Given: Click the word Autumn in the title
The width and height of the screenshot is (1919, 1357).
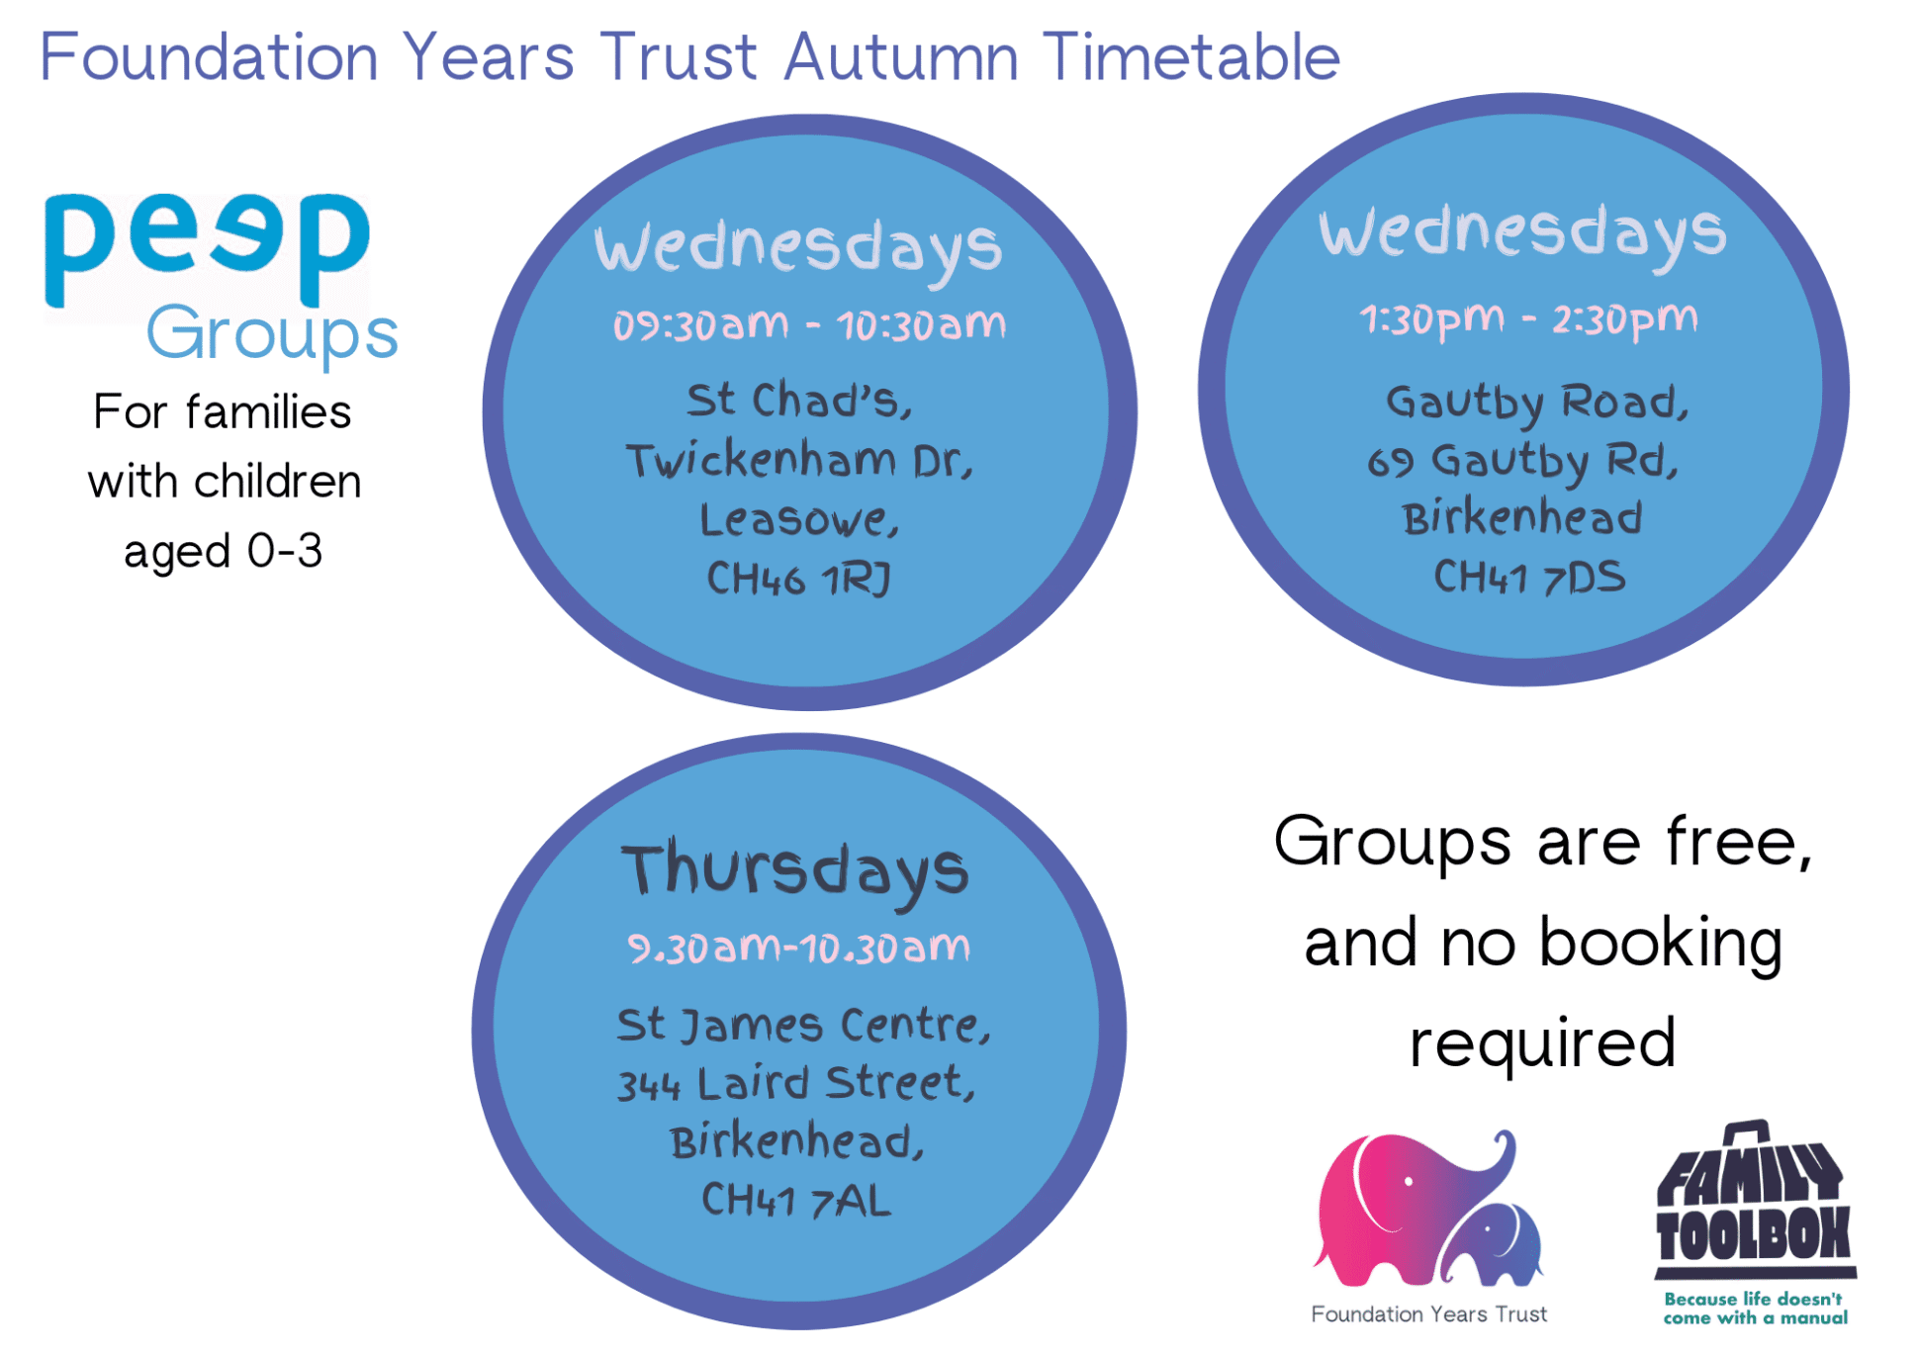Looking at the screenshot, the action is click(x=901, y=56).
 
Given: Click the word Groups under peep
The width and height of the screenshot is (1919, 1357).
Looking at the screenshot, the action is click(x=273, y=334).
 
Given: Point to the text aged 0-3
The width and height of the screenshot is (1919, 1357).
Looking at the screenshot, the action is click(x=224, y=552).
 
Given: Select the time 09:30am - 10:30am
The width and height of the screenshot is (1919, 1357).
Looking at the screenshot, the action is click(x=809, y=325).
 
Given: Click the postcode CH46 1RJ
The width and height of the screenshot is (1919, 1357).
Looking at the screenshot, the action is click(x=798, y=579).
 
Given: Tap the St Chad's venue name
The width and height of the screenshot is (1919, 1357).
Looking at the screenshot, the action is click(x=799, y=401).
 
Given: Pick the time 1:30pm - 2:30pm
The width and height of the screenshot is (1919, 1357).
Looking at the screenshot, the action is click(x=1528, y=319).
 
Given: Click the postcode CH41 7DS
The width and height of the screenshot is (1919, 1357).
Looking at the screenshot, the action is click(x=1529, y=577).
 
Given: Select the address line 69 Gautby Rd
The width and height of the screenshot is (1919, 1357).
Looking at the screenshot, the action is click(x=1523, y=461).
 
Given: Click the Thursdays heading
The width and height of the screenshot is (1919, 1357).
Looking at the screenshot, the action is click(x=795, y=870).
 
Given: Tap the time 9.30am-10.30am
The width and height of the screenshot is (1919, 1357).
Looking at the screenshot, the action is click(x=799, y=948).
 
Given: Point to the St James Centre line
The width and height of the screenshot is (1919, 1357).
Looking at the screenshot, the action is click(x=803, y=1025).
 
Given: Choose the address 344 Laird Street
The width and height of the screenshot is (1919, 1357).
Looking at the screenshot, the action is click(x=796, y=1083).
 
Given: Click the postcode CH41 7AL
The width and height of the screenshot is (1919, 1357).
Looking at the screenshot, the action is click(x=796, y=1201).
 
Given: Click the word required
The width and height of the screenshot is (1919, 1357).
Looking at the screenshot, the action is click(x=1542, y=1043).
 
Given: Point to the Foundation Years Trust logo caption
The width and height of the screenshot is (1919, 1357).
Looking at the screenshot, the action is click(x=1428, y=1313).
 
